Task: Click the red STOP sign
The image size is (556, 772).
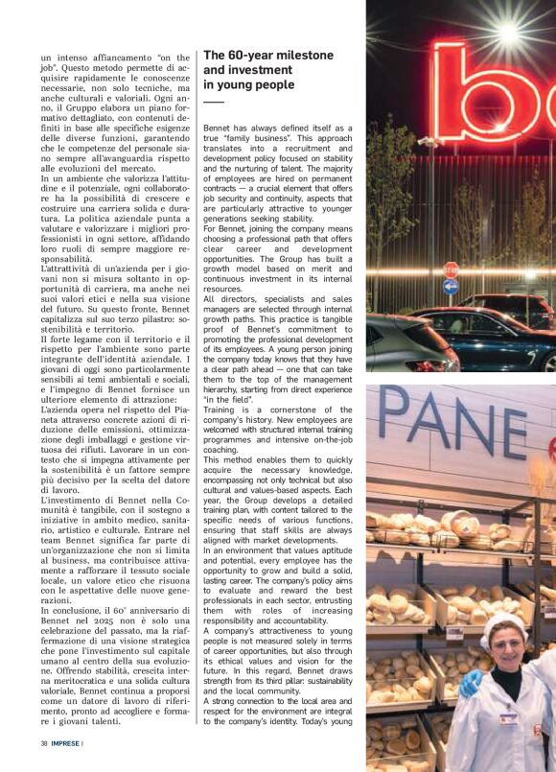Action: tap(451, 269)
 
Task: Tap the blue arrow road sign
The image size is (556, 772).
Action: tap(451, 286)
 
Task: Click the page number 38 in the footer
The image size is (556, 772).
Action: tap(44, 743)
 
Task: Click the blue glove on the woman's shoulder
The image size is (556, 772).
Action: tap(471, 684)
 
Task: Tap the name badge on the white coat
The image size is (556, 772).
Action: tap(509, 717)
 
